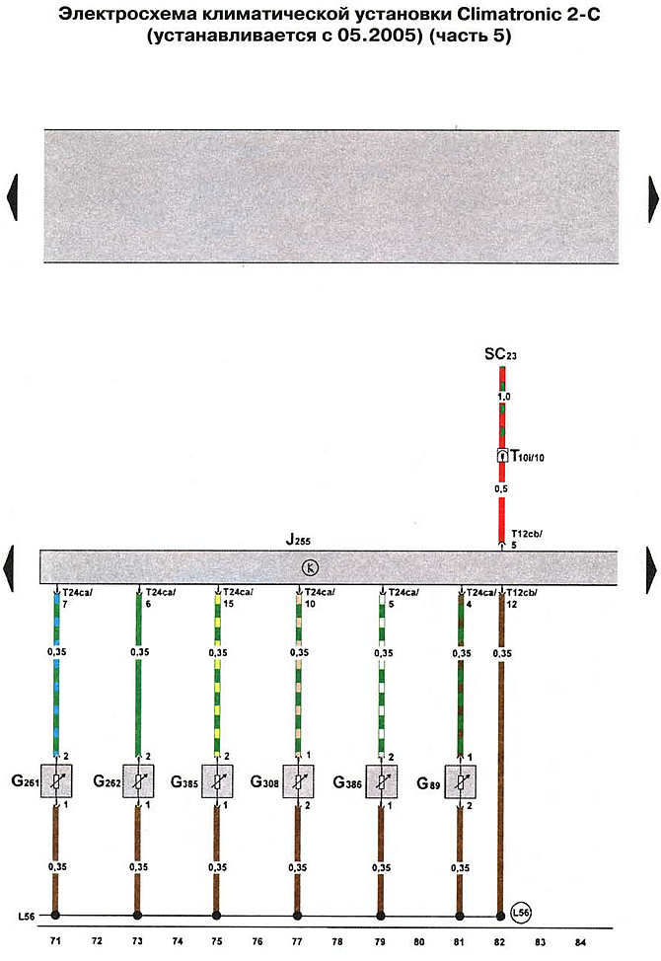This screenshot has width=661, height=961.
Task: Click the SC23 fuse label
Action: (x=500, y=353)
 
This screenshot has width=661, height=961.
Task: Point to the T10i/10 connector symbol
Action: (x=502, y=456)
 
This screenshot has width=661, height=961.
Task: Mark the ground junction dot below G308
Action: (x=298, y=914)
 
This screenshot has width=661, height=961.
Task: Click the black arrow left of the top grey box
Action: (x=13, y=197)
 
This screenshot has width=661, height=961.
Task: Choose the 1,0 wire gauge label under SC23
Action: (x=501, y=396)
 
